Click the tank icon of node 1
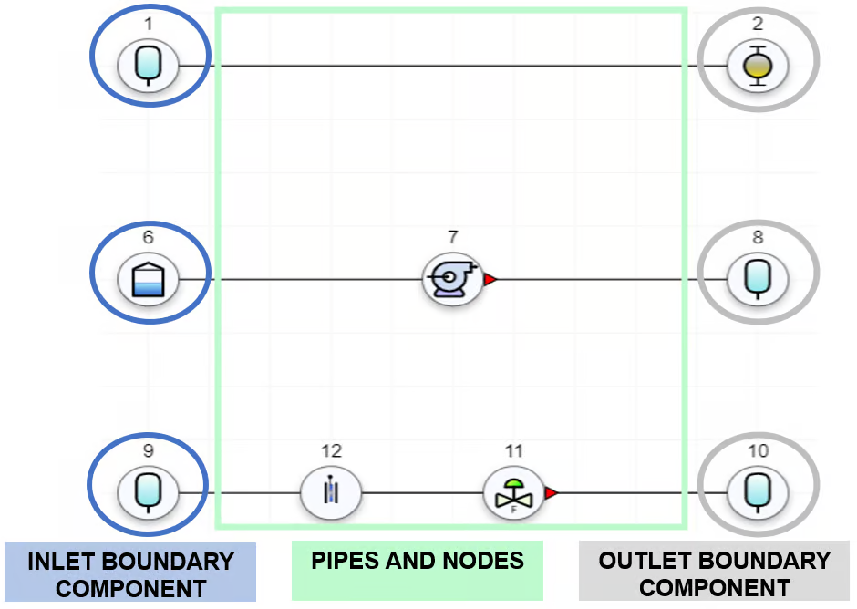(148, 66)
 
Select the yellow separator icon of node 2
(758, 66)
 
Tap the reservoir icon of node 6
(148, 279)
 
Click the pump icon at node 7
(451, 279)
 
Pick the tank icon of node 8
(758, 279)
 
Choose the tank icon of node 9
(148, 493)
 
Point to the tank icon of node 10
(758, 493)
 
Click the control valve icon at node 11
(513, 493)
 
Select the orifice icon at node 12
(331, 493)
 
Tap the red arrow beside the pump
(490, 279)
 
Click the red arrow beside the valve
(551, 493)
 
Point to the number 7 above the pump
(452, 237)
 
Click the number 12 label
(331, 450)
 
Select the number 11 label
(514, 450)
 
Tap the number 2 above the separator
(758, 24)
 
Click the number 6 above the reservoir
(148, 237)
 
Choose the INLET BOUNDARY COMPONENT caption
(130, 573)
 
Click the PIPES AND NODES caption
(418, 561)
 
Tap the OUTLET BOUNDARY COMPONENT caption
(714, 573)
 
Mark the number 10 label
(758, 450)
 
